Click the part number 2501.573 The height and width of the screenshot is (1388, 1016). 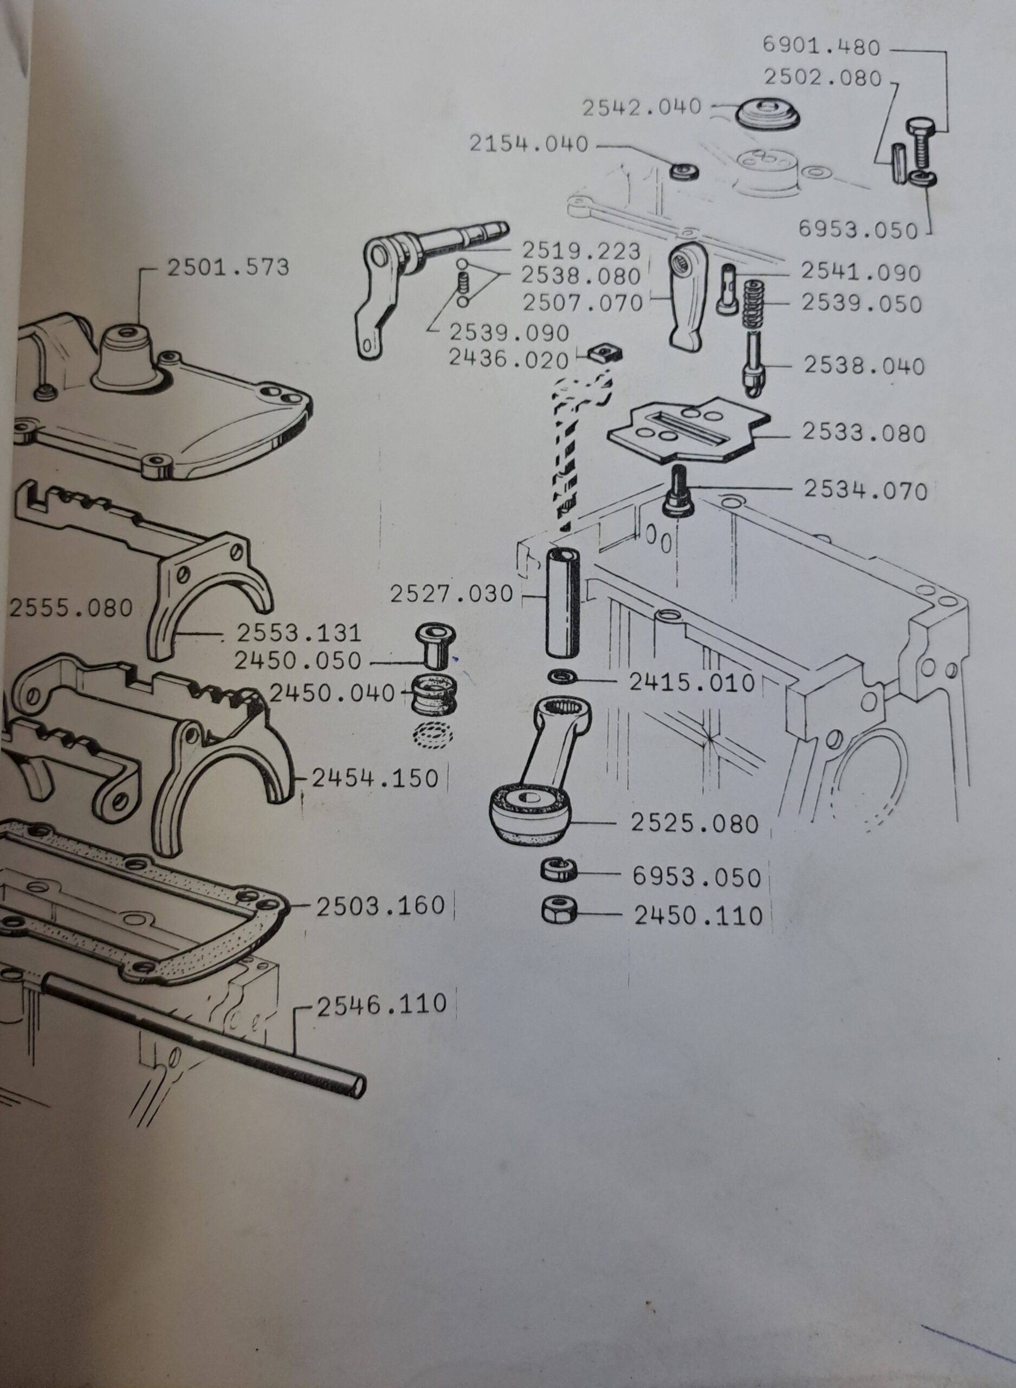(228, 268)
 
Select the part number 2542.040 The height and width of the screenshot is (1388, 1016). (642, 107)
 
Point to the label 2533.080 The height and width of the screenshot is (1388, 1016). (864, 433)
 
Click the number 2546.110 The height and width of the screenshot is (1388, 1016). (381, 1004)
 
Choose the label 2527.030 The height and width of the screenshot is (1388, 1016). (451, 594)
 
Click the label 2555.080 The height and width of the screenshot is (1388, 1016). (72, 608)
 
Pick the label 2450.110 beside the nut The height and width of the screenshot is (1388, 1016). (698, 916)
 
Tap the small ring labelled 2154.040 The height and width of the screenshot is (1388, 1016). (684, 170)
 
